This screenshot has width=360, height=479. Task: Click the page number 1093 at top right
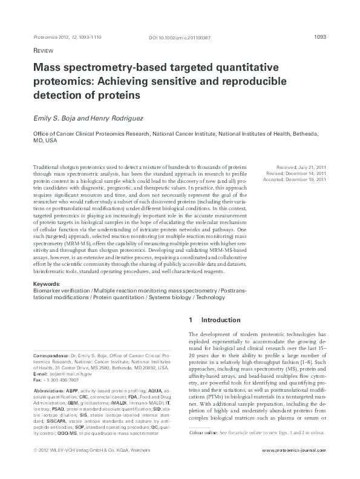[x=321, y=37]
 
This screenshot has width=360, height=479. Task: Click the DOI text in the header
[x=179, y=38]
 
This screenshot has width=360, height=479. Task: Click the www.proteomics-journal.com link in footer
[x=295, y=469]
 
